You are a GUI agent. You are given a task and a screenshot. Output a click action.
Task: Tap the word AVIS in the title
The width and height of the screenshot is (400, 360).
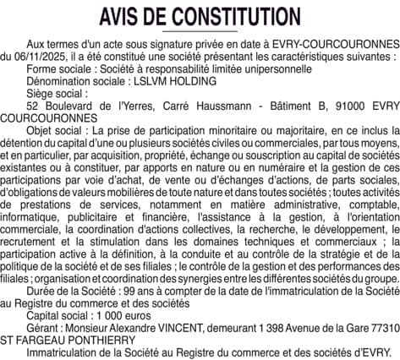[120, 16]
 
